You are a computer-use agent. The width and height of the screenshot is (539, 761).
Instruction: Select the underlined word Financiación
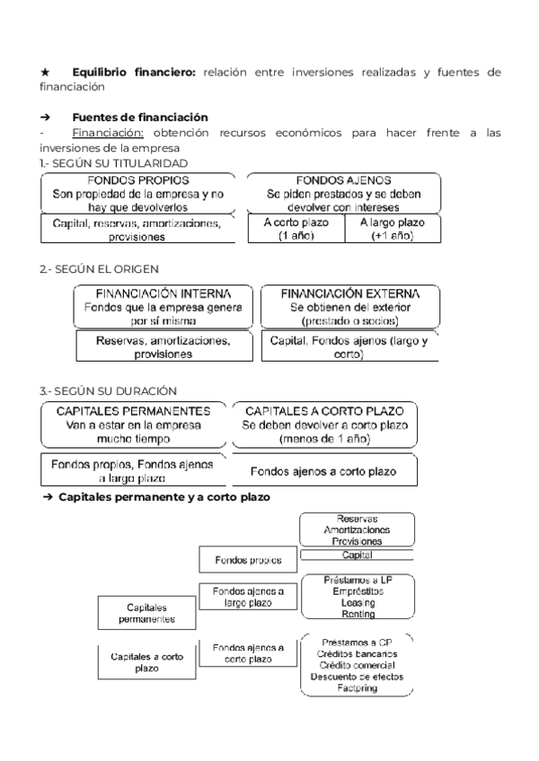tap(99, 133)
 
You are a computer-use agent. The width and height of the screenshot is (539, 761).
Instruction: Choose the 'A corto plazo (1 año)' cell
tap(296, 229)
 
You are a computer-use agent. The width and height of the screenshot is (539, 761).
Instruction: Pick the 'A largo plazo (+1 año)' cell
tap(393, 229)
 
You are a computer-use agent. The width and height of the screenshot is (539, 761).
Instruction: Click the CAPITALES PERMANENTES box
tap(133, 424)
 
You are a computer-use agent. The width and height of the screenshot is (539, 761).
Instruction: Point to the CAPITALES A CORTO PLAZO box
tap(325, 424)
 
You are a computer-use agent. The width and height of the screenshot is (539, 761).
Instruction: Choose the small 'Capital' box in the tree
tap(357, 555)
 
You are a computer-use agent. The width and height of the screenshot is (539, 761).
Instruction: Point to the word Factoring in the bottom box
tap(358, 687)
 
